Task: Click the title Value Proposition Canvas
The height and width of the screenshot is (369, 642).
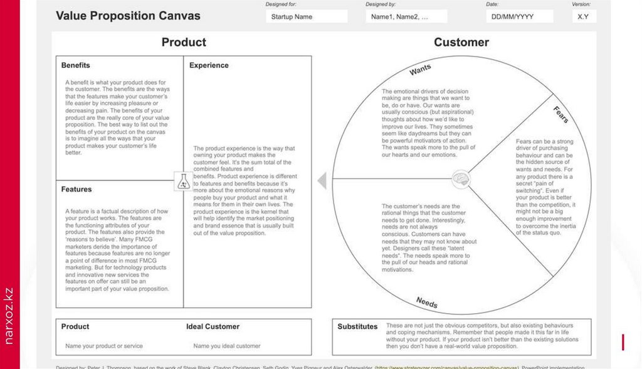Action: coord(128,16)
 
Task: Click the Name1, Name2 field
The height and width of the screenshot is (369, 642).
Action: coord(406,17)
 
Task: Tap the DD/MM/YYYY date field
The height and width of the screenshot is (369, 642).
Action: coord(519,17)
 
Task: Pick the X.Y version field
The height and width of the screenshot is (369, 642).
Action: coord(583,17)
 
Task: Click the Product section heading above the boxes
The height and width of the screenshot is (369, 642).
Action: coord(184,42)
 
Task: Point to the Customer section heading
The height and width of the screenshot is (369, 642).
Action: coord(461,42)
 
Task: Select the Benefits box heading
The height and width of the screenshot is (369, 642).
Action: coord(76,65)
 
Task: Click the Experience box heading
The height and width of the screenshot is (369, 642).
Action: coord(209,65)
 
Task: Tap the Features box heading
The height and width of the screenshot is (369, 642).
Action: coord(76,189)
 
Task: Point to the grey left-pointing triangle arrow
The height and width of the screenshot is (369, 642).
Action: coord(322,181)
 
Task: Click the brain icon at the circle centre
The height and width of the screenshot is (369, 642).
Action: coord(461,179)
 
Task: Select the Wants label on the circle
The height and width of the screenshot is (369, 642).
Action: coord(420,69)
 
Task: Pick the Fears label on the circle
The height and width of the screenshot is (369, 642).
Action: coord(560,114)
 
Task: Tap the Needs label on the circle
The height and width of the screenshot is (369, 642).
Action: coord(426,302)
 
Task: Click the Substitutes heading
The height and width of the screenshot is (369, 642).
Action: coord(357,326)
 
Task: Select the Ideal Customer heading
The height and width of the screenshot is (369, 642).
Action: coord(213,326)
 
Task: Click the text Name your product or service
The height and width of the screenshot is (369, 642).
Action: coord(104,346)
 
